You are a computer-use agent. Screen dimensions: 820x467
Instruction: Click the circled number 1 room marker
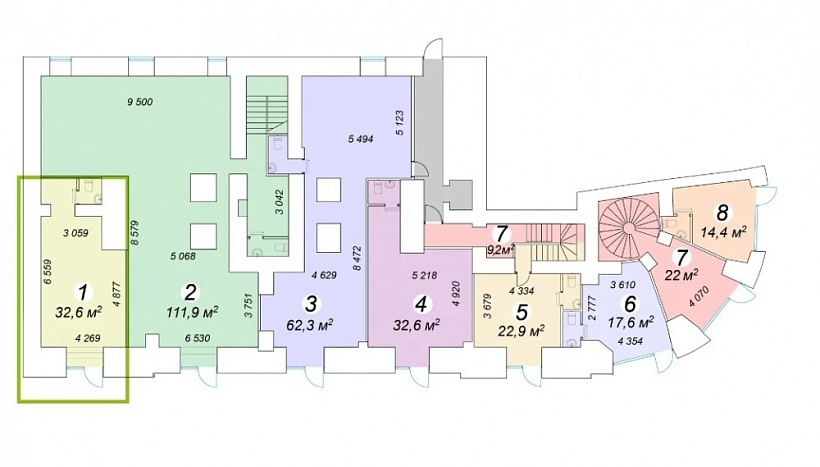[82, 291]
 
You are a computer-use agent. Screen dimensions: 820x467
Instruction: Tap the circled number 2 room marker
[190, 292]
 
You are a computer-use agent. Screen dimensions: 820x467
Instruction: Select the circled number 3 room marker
[312, 303]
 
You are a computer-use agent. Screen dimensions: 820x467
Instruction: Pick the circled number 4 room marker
[420, 304]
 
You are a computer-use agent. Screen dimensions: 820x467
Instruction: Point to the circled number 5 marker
[521, 312]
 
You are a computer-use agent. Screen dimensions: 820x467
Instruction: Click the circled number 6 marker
[631, 303]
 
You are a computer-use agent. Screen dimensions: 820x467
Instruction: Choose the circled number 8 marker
[723, 213]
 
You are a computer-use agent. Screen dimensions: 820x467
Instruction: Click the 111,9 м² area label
[192, 313]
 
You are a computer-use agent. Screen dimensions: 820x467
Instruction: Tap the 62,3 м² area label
[311, 325]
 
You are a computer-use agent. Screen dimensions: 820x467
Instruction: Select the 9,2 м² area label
[500, 249]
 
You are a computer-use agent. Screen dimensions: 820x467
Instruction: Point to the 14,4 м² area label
[724, 232]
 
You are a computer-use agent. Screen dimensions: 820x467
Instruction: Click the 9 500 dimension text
[140, 102]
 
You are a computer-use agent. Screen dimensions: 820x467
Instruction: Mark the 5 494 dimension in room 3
[360, 140]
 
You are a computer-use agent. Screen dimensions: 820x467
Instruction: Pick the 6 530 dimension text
[197, 338]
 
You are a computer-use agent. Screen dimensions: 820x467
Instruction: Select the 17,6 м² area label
[632, 323]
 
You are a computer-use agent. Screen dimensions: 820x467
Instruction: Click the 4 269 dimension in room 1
[87, 338]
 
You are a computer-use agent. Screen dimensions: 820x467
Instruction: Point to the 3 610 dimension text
[623, 285]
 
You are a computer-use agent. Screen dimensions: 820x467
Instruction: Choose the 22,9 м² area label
[522, 331]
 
